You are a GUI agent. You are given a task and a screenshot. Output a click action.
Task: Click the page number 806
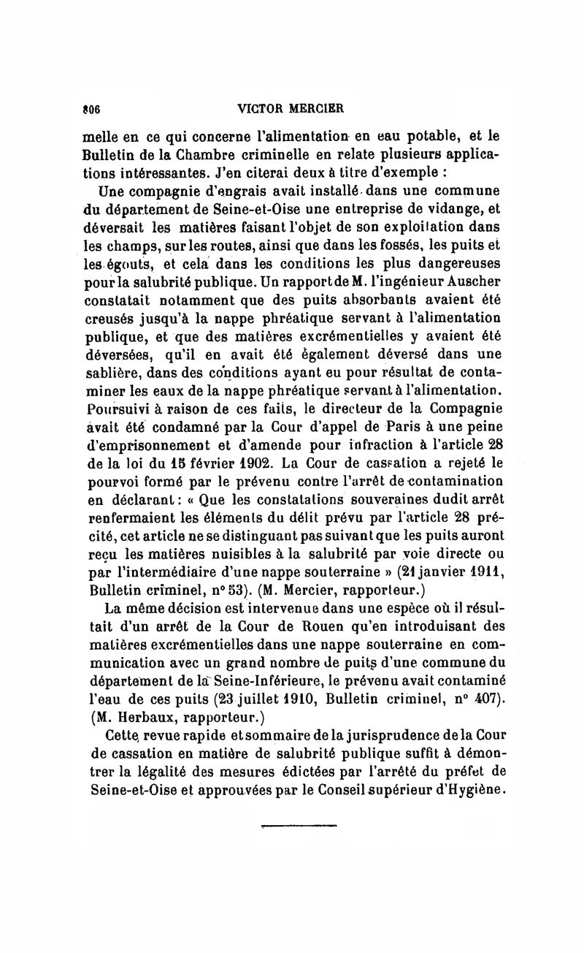[x=90, y=108]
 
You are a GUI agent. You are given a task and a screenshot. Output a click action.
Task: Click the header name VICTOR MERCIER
[x=291, y=108]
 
